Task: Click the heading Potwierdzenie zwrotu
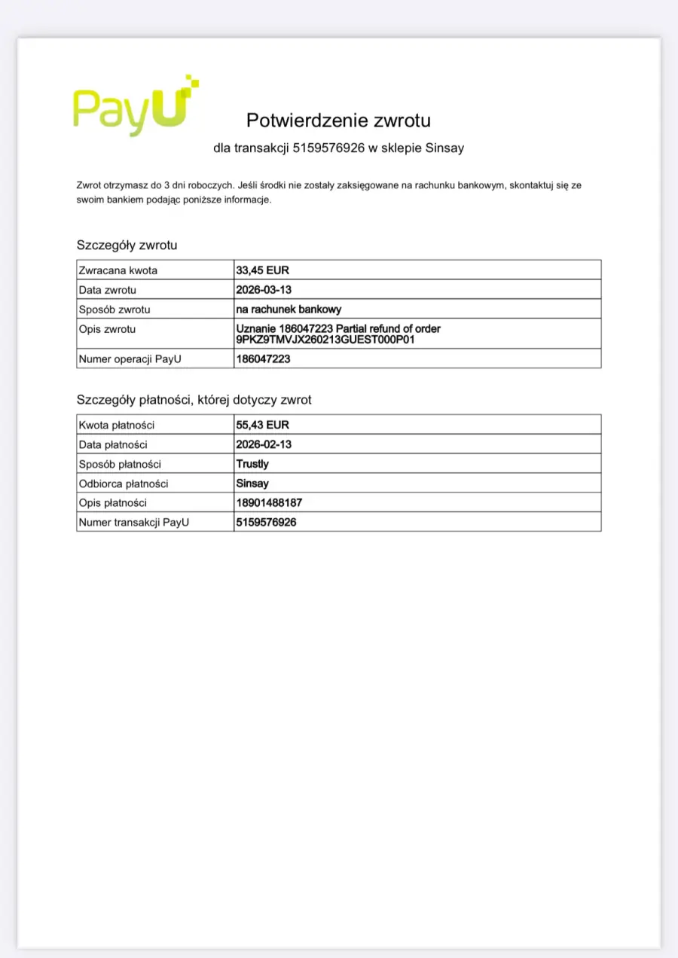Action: (338, 120)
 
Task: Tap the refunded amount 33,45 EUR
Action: (263, 270)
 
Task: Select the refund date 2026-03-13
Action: (264, 289)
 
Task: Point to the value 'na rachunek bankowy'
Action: (289, 309)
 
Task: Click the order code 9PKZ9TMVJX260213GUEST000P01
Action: (325, 340)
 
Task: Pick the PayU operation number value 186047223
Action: (263, 359)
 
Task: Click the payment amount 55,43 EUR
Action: (263, 425)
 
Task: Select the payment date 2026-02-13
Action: (264, 444)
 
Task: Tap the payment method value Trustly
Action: (252, 464)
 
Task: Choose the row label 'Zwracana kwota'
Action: (118, 270)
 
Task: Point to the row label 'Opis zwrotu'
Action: (108, 329)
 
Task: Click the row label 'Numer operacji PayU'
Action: (130, 359)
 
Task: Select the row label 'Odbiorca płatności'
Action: (124, 484)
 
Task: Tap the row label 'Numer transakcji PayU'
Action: (133, 522)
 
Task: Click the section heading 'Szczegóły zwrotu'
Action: (127, 245)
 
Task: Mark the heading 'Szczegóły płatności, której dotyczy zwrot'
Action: (194, 400)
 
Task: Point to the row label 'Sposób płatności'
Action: (120, 464)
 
